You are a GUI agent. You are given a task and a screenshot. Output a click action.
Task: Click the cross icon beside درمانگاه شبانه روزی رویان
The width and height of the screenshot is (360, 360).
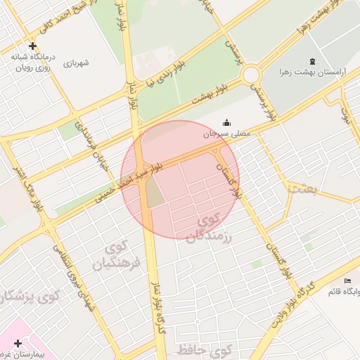[32, 45]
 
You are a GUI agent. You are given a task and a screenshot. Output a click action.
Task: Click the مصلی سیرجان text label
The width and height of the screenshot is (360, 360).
[226, 133]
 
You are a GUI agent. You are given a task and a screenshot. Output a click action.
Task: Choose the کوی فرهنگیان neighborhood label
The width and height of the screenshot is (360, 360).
[116, 257]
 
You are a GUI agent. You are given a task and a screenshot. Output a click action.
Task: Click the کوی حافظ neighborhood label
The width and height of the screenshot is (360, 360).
[210, 349]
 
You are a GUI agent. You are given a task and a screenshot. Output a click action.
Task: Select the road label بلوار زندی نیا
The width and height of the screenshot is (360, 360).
[162, 78]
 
